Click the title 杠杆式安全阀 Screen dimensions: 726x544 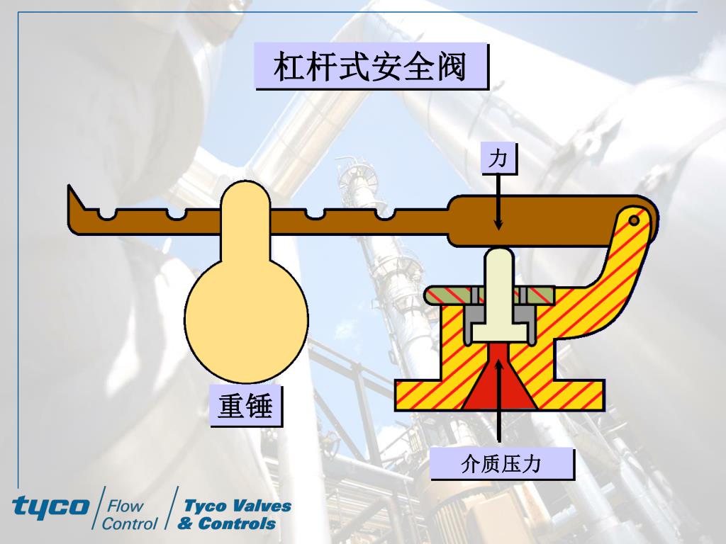pyautogui.click(x=372, y=67)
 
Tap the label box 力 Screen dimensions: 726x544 pyautogui.click(x=499, y=158)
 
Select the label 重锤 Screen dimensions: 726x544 pyautogui.click(x=245, y=407)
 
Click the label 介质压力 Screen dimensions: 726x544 pyautogui.click(x=501, y=464)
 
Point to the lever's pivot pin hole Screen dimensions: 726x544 pyautogui.click(x=634, y=221)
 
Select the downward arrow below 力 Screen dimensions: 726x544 pyautogui.click(x=499, y=202)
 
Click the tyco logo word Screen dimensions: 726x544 pyautogui.click(x=50, y=506)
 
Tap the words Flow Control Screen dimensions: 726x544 pyautogui.click(x=129, y=515)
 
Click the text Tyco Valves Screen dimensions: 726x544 pyautogui.click(x=238, y=506)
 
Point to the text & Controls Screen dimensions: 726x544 pyautogui.click(x=227, y=524)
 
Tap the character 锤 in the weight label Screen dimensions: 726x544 pyautogui.click(x=259, y=407)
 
